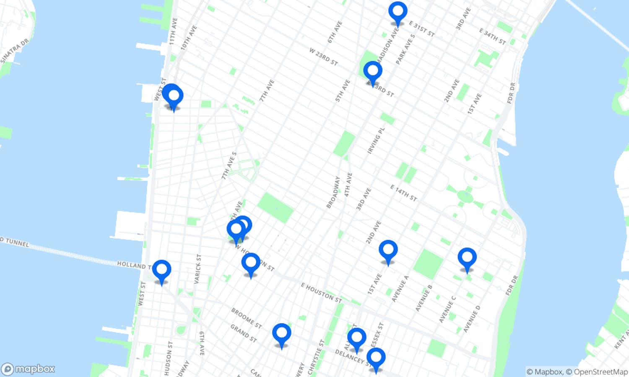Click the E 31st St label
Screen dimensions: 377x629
pos(422,29)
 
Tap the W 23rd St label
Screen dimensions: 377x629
pos(323,57)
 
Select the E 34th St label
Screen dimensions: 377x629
pos(493,36)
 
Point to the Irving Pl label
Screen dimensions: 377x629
pos(376,141)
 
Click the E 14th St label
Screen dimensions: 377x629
pos(404,193)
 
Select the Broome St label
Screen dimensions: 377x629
pos(247,318)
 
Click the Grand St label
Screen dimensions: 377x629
pos(244,333)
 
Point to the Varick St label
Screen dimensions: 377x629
pos(198,269)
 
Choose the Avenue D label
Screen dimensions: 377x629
pos(472,319)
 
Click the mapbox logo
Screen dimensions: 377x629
pos(28,369)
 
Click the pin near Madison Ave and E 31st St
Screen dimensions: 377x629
pos(398,13)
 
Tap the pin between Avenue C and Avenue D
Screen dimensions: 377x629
pos(467,258)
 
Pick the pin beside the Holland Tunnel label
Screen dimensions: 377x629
pos(161,271)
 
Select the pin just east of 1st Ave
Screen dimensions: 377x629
pos(388,251)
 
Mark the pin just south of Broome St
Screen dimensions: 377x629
pos(281,334)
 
